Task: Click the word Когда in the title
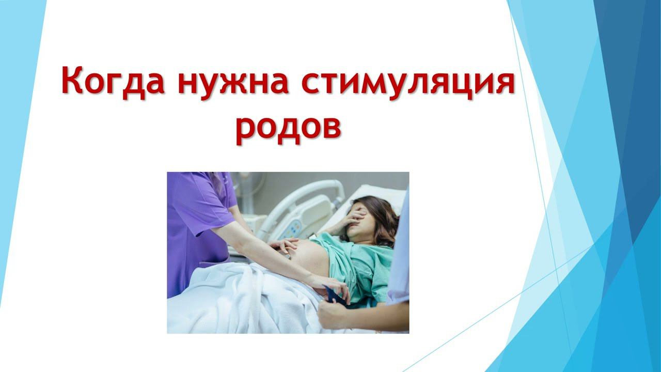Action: (113, 82)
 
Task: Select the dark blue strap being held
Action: (335, 295)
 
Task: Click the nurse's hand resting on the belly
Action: (284, 245)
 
